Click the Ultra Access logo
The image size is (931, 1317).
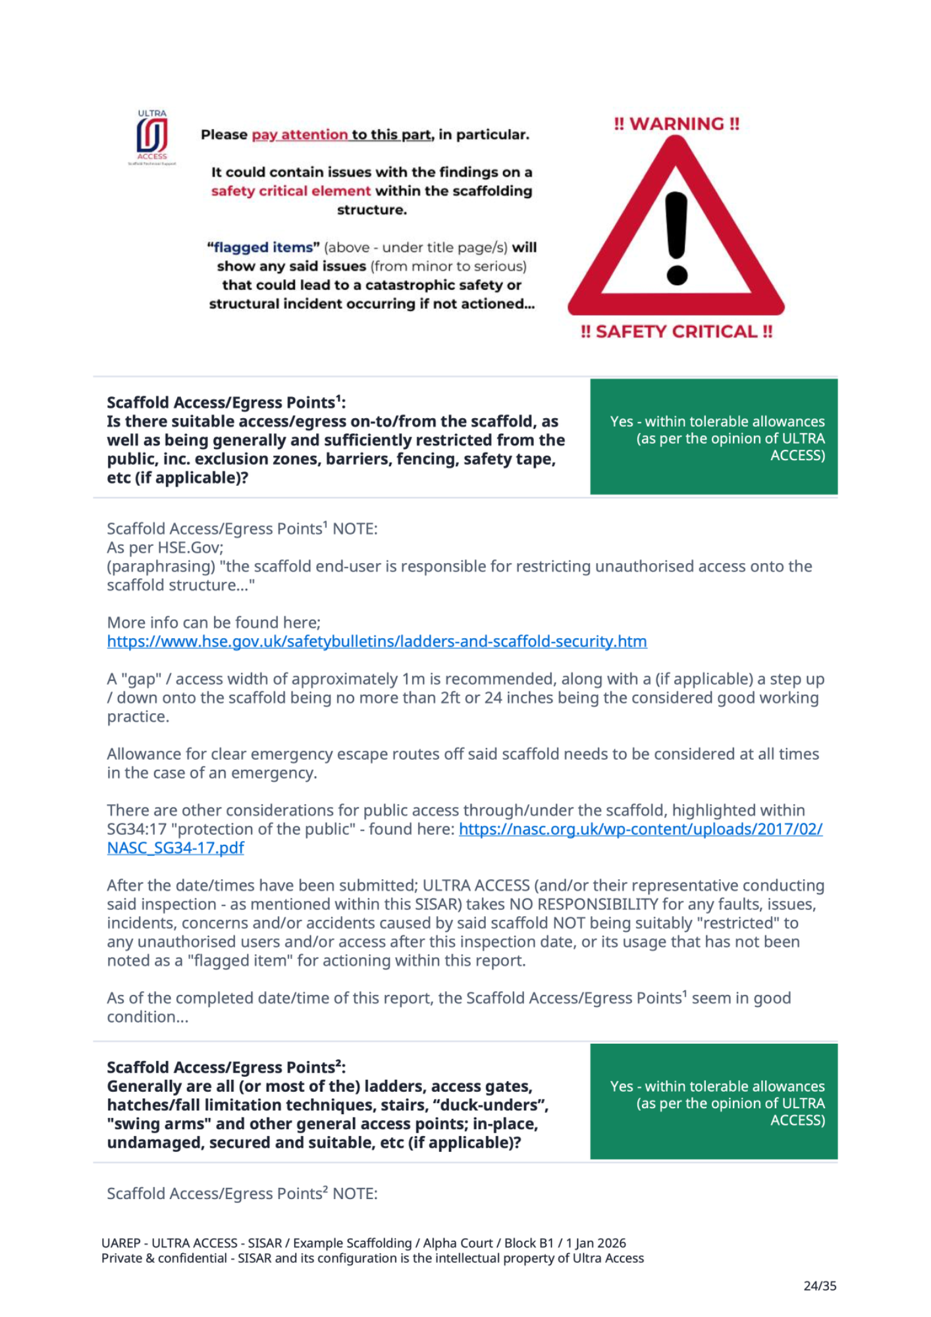click(x=152, y=136)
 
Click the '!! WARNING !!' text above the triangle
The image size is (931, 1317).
click(x=676, y=124)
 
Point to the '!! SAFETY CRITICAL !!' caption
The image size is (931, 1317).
click(x=676, y=331)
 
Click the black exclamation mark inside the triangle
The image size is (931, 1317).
click(x=676, y=237)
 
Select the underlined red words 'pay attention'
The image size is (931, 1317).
click(x=300, y=134)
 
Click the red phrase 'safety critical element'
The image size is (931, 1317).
click(x=291, y=191)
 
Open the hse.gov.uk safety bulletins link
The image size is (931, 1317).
click(x=377, y=641)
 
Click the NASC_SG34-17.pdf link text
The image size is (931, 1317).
click(x=175, y=848)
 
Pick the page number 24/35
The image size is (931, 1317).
click(x=820, y=1285)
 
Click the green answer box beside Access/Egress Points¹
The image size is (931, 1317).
click(x=714, y=437)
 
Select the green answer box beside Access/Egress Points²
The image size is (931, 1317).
click(x=714, y=1102)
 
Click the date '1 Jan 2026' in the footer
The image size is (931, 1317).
click(x=596, y=1243)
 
